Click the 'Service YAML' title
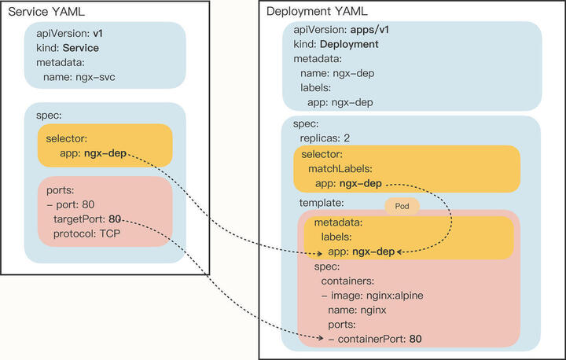click(x=46, y=12)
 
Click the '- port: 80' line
click(x=71, y=204)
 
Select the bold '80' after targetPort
click(x=115, y=219)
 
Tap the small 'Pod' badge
click(x=401, y=205)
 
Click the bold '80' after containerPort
click(x=417, y=339)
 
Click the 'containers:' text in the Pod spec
click(x=351, y=281)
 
